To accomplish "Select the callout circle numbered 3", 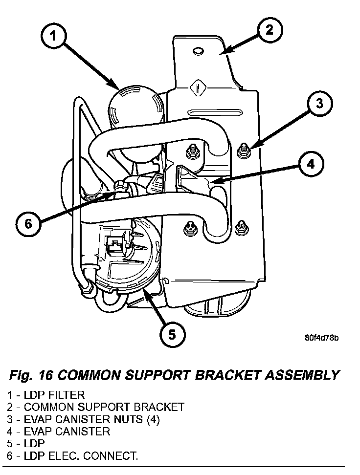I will click(318, 104).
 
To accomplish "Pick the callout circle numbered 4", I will click(310, 164).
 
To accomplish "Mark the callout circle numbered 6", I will click(28, 224).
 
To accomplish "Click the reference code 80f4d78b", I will click(322, 338).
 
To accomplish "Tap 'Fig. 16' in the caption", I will click(31, 375).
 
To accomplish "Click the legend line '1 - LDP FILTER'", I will click(46, 394).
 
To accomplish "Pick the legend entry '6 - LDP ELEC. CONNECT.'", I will click(72, 456).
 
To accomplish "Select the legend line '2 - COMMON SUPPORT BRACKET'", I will click(96, 407).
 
